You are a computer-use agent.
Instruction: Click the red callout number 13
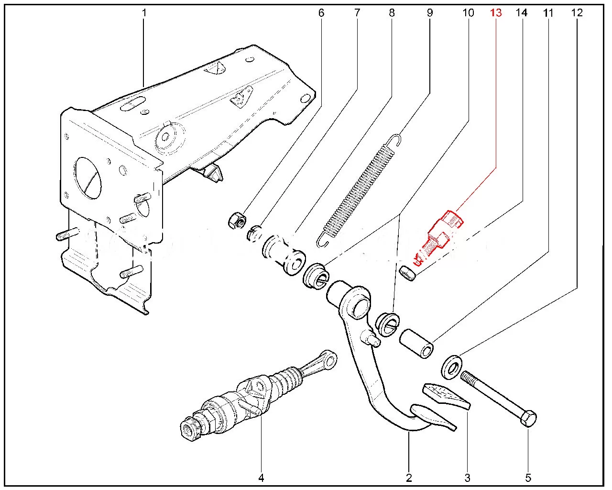pyautogui.click(x=496, y=13)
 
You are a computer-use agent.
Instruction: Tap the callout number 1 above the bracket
pyautogui.click(x=143, y=13)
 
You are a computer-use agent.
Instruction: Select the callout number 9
pyautogui.click(x=429, y=13)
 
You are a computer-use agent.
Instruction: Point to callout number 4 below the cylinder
pyautogui.click(x=261, y=477)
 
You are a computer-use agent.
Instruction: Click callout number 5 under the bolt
pyautogui.click(x=528, y=477)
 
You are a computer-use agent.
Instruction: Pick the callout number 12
pyautogui.click(x=577, y=13)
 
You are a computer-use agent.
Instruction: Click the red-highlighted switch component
pyautogui.click(x=440, y=234)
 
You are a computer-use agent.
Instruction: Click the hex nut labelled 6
pyautogui.click(x=237, y=221)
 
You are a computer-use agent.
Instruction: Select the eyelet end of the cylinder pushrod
pyautogui.click(x=329, y=357)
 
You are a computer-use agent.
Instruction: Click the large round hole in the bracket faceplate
pyautogui.click(x=88, y=178)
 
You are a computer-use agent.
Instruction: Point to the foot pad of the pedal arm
pyautogui.click(x=433, y=416)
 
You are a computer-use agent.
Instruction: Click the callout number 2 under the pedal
pyautogui.click(x=409, y=477)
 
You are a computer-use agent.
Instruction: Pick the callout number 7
pyautogui.click(x=357, y=13)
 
